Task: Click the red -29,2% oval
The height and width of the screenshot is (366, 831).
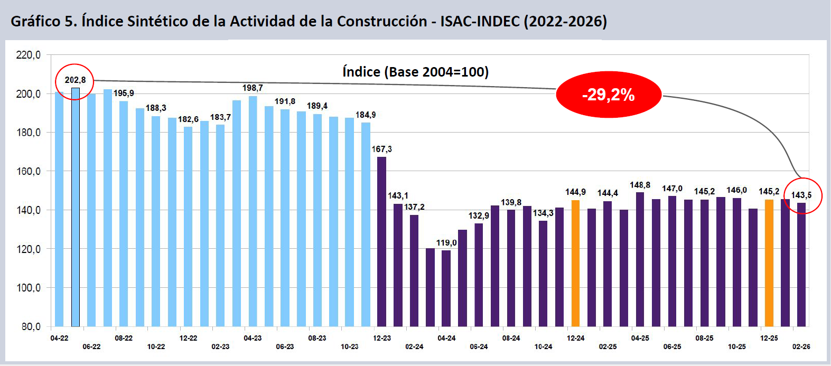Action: (x=609, y=95)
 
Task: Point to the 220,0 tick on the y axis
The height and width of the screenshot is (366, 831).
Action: (x=29, y=55)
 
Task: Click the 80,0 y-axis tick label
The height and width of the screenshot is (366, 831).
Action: (x=31, y=326)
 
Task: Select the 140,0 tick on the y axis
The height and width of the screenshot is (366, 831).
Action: (x=29, y=210)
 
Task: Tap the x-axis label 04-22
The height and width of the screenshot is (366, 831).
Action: (x=59, y=338)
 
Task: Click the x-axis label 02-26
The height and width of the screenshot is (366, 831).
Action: (x=801, y=346)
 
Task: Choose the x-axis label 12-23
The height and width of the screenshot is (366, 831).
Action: (x=381, y=338)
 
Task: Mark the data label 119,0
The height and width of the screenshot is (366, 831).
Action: (x=446, y=243)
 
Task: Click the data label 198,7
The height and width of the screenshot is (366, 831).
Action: (x=253, y=88)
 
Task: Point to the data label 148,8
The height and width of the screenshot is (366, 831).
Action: (x=640, y=185)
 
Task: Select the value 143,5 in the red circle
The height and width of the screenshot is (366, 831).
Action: (x=801, y=195)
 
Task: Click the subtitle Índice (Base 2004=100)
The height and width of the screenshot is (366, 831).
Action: (x=415, y=72)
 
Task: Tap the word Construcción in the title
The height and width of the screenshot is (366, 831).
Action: (x=382, y=21)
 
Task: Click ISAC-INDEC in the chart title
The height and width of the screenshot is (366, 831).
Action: (x=480, y=21)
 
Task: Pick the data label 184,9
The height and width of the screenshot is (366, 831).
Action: (x=366, y=115)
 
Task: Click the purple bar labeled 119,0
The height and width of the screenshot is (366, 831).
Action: (x=446, y=288)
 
